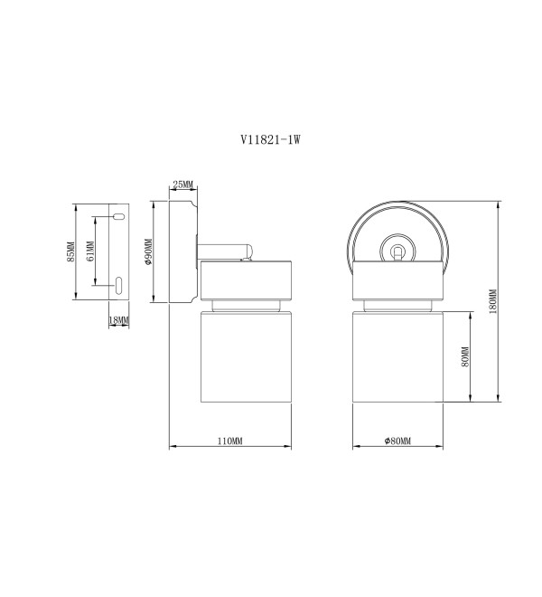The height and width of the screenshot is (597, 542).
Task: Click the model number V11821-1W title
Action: pyautogui.click(x=270, y=139)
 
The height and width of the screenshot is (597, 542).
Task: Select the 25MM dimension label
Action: pyautogui.click(x=183, y=185)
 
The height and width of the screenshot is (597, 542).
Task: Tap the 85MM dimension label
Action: pyautogui.click(x=70, y=251)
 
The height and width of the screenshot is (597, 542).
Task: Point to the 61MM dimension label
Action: pyautogui.click(x=90, y=251)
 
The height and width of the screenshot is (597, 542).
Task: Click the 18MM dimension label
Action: pyautogui.click(x=119, y=320)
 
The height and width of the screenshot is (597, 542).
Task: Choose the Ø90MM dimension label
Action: pyautogui.click(x=148, y=251)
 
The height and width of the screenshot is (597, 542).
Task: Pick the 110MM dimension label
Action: pyautogui.click(x=229, y=441)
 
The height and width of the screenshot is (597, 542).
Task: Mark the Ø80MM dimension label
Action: pyautogui.click(x=397, y=441)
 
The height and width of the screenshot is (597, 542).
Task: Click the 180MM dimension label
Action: pyautogui.click(x=493, y=301)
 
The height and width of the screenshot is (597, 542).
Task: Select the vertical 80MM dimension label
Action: pyautogui.click(x=465, y=356)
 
